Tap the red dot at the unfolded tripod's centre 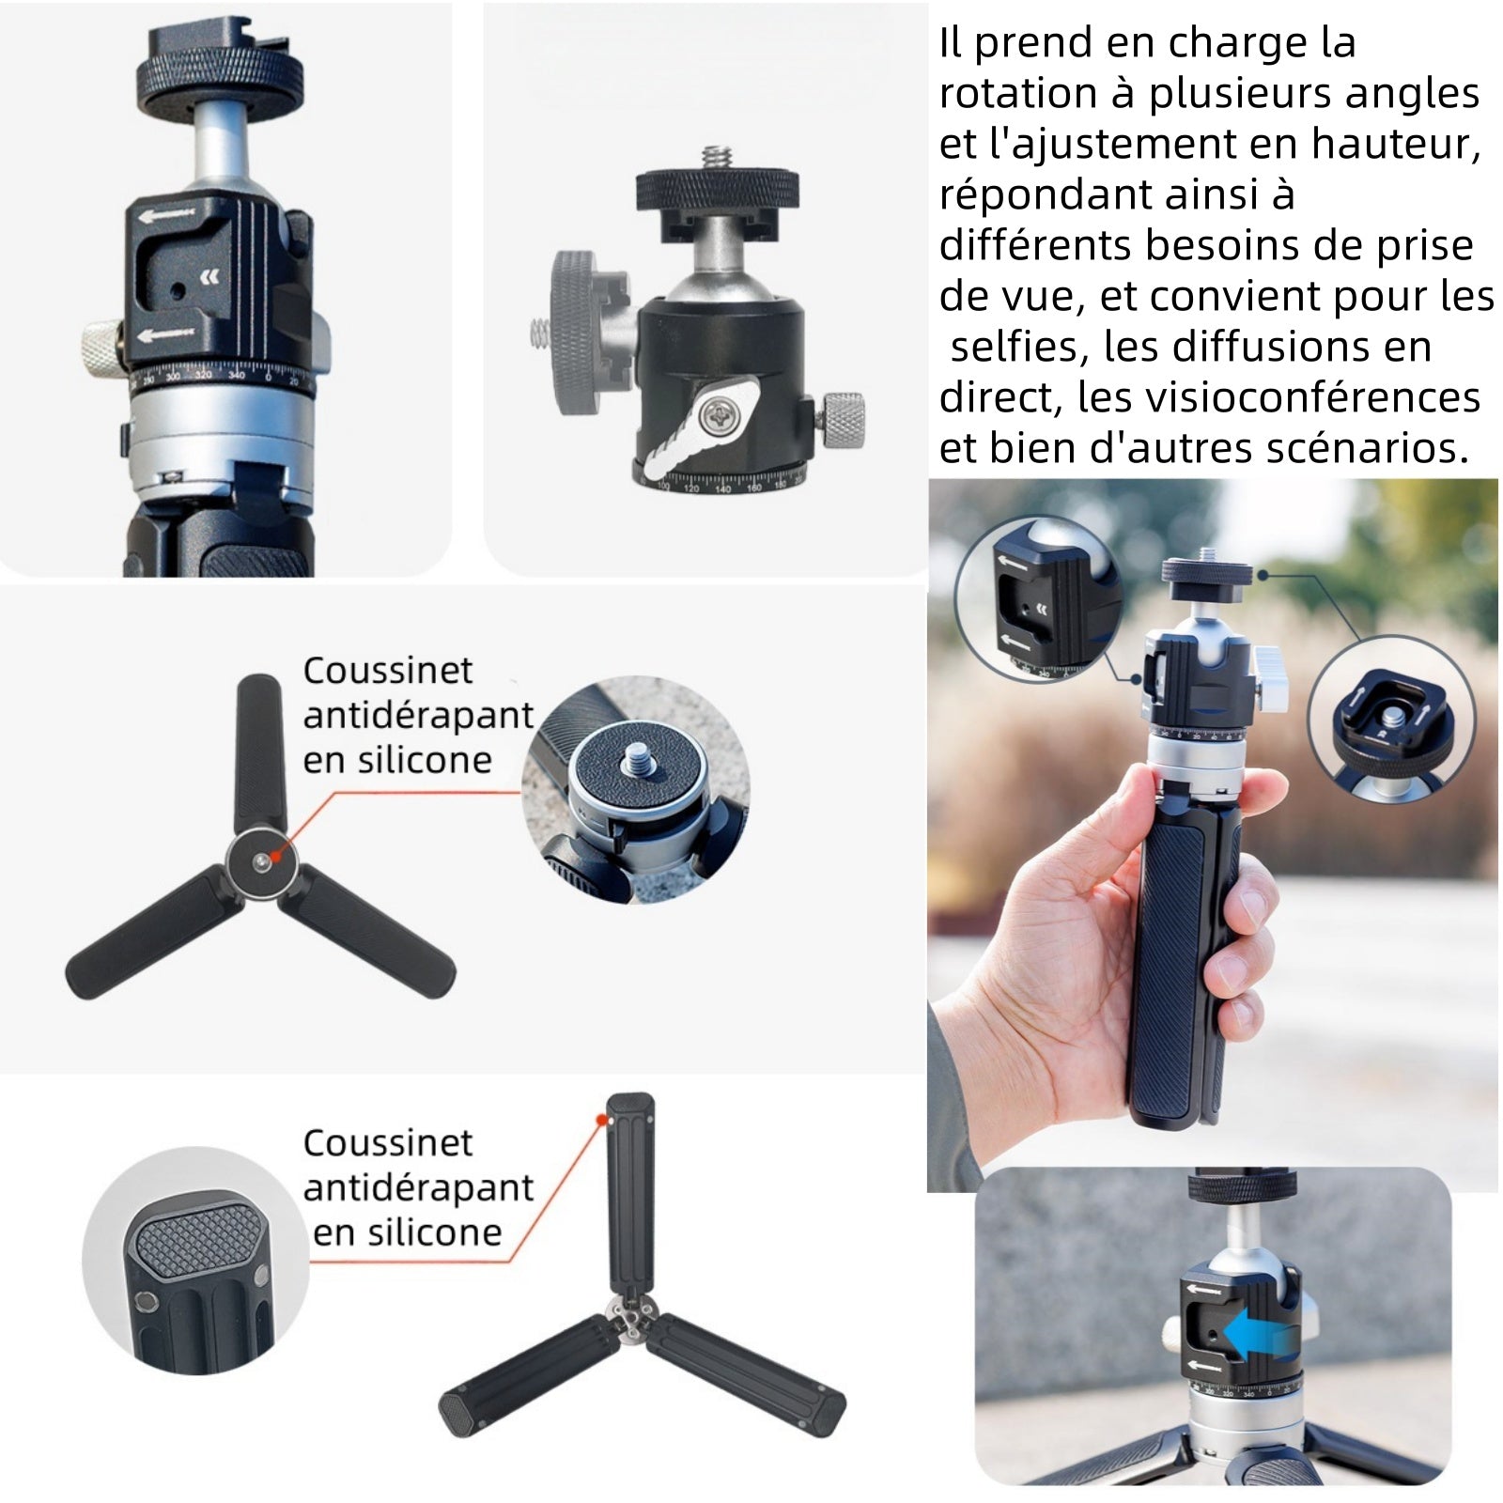point(273,856)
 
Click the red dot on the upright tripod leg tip point(600,1119)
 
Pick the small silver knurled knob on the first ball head point(101,345)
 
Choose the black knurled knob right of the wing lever point(843,419)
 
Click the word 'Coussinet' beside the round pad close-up point(388,671)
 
